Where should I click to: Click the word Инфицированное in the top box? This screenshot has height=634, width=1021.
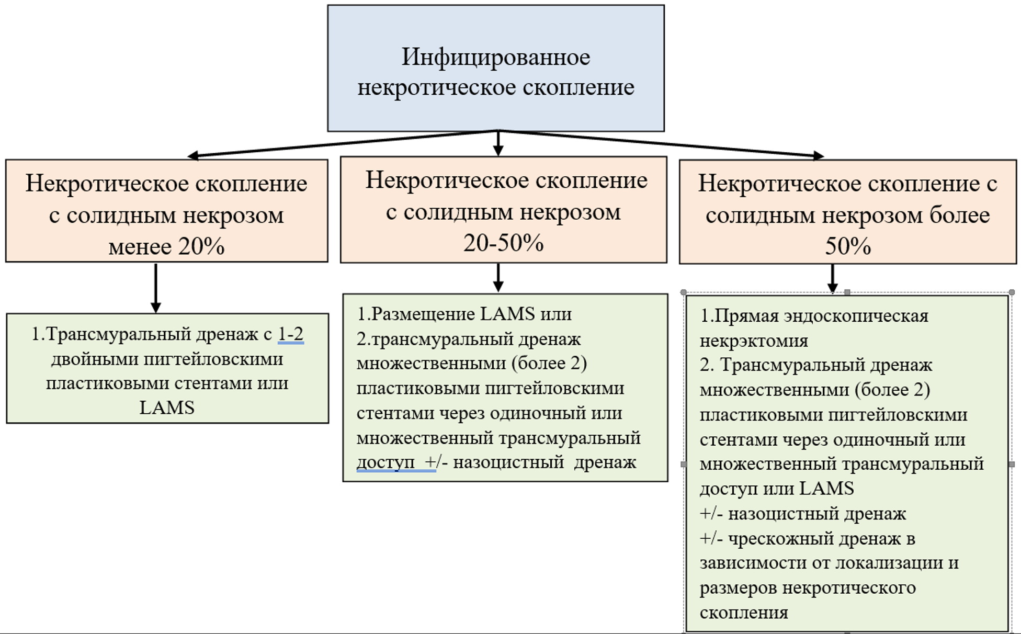click(495, 57)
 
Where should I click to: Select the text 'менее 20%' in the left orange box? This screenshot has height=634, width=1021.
click(166, 246)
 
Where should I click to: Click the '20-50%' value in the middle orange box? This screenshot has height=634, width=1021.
click(503, 243)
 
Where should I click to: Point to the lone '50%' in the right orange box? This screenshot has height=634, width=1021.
click(847, 246)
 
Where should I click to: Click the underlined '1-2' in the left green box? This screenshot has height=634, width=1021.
click(291, 334)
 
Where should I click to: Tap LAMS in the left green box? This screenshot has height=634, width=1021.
click(167, 407)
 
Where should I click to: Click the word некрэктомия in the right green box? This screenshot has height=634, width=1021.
click(754, 341)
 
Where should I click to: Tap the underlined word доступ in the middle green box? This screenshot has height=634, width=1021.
click(385, 462)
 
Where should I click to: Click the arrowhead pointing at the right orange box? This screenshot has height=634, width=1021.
click(818, 155)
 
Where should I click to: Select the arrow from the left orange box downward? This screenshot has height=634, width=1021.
click(155, 288)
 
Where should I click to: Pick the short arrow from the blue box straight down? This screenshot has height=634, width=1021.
click(498, 143)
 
